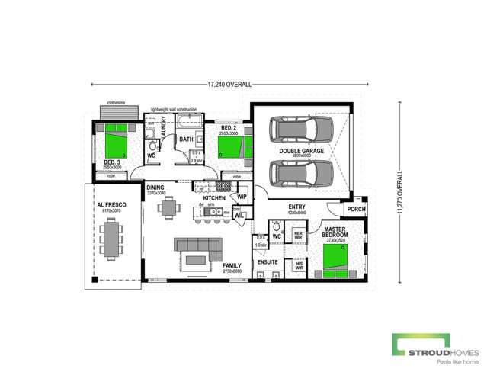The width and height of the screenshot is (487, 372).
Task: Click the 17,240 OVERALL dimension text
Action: [x=229, y=84]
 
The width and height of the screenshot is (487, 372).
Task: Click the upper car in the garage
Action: [x=301, y=130]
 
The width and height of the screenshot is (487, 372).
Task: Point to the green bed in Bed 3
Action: [x=114, y=141]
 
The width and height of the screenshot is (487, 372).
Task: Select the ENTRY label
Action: [x=296, y=207]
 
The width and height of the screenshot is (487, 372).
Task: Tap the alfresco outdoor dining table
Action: [x=114, y=237]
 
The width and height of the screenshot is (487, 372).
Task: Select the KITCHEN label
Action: [x=213, y=197]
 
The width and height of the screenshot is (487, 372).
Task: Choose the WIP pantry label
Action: [x=241, y=197]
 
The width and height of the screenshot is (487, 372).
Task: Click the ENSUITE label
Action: [x=268, y=261]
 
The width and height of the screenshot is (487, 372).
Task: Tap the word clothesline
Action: [x=116, y=101]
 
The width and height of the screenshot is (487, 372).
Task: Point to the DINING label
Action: [x=155, y=188]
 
